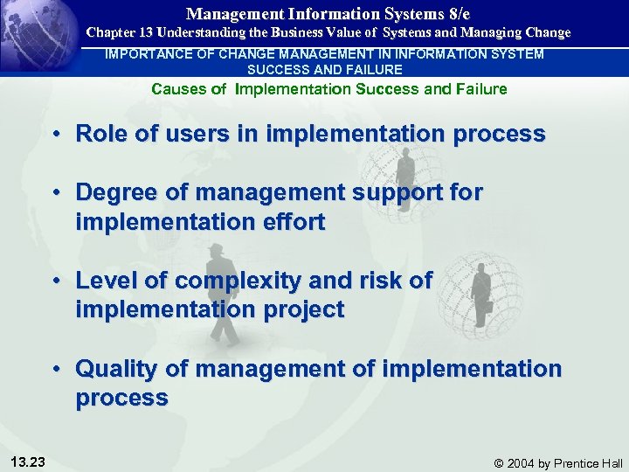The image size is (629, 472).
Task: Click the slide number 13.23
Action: (31, 462)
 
